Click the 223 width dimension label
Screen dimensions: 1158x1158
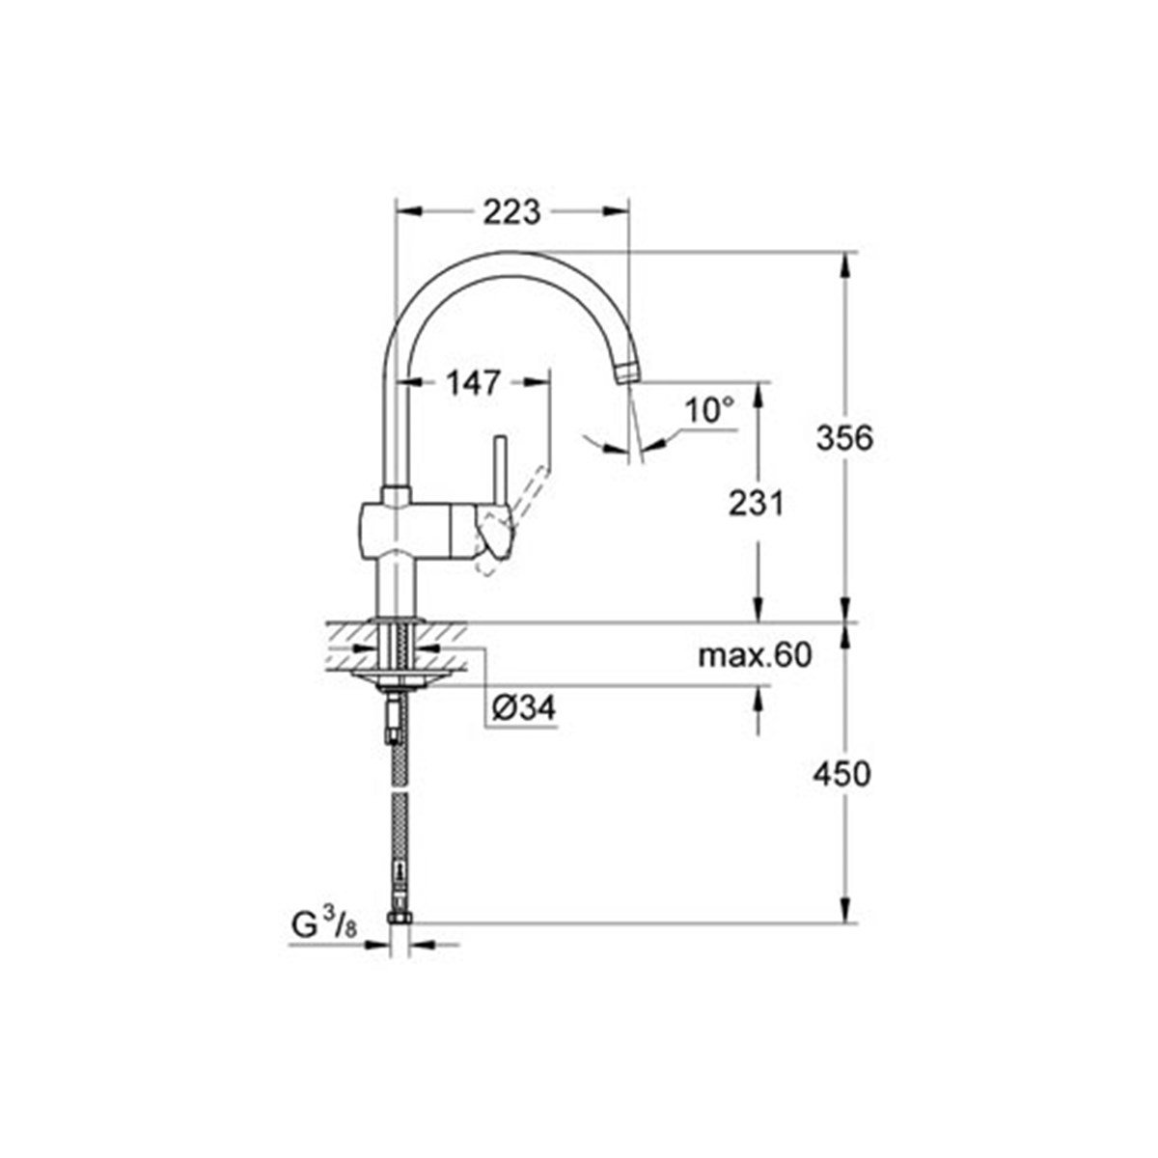tap(511, 211)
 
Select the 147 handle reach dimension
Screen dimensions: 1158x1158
tap(473, 383)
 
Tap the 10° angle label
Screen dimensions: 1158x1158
tap(709, 411)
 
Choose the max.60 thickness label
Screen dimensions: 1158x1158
tap(756, 656)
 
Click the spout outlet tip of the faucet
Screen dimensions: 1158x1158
tap(628, 372)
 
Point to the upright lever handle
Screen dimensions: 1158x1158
tap(501, 473)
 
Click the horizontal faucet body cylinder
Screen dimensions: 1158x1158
tap(415, 530)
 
